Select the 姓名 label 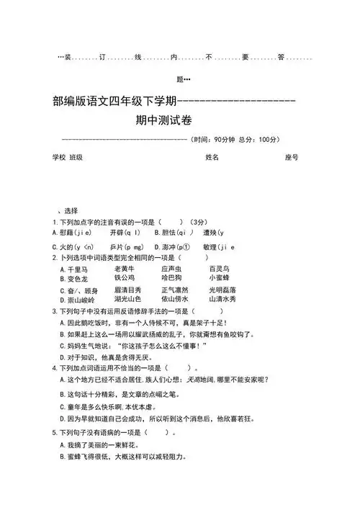click(x=212, y=157)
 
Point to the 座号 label click(x=292, y=157)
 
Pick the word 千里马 click(x=77, y=269)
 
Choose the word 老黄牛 click(x=125, y=269)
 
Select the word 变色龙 click(x=77, y=278)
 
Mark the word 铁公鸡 click(x=125, y=277)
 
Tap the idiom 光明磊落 click(x=222, y=290)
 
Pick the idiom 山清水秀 click(x=222, y=299)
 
